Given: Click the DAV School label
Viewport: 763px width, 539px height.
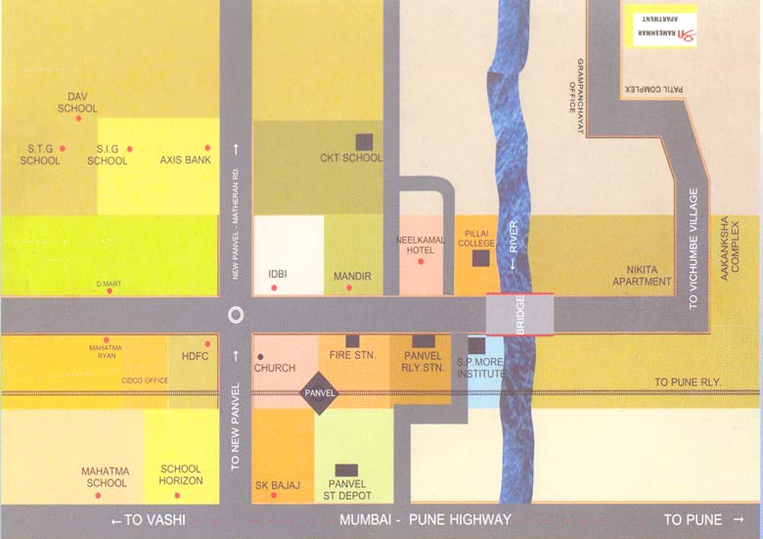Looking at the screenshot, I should coord(77,102).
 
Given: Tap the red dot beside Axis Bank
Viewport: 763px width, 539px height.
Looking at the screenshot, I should coord(207,148).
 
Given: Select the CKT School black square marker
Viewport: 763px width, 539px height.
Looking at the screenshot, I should coord(364,141).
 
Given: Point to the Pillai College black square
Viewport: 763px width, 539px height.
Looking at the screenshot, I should coord(480,258).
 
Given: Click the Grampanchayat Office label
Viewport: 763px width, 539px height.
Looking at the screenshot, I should coord(575,86).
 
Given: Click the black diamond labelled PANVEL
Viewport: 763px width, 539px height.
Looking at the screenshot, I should coord(320,393).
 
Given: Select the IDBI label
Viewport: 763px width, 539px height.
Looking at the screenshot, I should coord(277,276).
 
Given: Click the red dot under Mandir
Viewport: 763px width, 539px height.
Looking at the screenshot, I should coord(350,290).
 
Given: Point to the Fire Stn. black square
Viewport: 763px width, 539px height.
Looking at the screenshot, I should coord(352,340).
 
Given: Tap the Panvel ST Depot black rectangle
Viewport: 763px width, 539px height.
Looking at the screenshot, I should coord(345,470).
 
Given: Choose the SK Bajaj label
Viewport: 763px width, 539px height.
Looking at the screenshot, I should coord(278,485).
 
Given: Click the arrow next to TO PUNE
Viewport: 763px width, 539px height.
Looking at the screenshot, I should coord(738,519).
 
